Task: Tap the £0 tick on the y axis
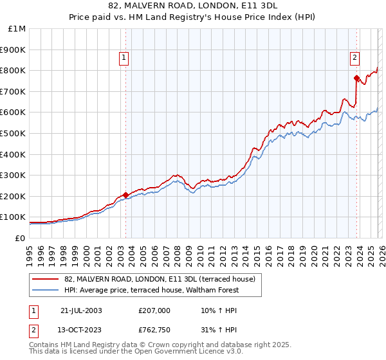pos(21,238)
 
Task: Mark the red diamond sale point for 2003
pos(125,195)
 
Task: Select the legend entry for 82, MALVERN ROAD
pos(160,279)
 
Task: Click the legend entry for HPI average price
pos(152,290)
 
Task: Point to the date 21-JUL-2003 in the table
pos(81,310)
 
